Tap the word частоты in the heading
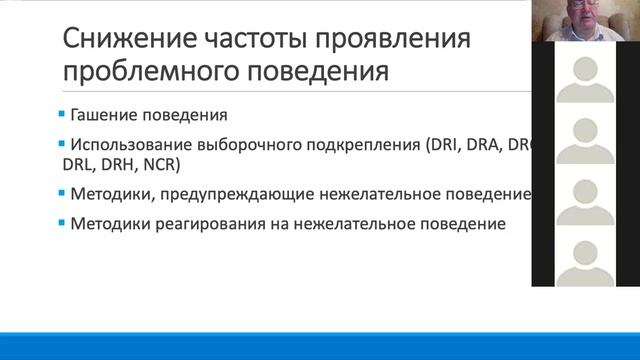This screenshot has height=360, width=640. pyautogui.click(x=253, y=40)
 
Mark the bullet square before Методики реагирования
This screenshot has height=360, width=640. pyautogui.click(x=63, y=222)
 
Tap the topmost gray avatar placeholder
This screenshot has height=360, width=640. pyautogui.click(x=585, y=77)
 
